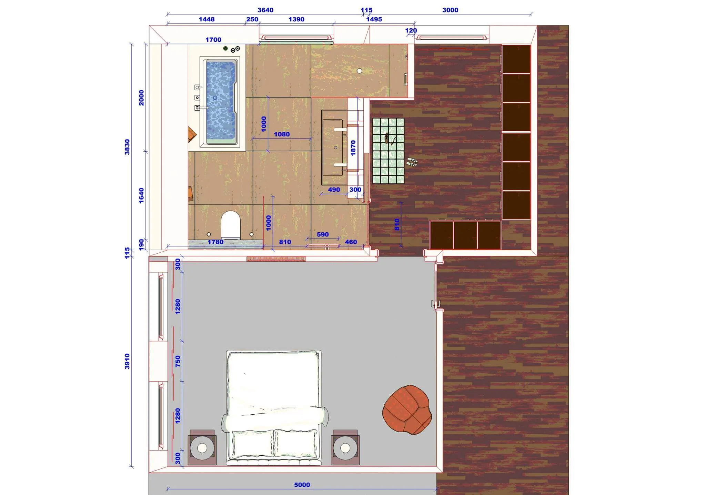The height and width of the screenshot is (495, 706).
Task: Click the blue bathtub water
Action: click(221, 102)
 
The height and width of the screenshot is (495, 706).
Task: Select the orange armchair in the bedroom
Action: click(407, 409)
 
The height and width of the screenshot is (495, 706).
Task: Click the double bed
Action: click(274, 408)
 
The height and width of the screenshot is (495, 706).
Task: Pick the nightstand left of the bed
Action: click(202, 447)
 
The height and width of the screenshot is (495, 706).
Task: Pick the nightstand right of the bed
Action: click(345, 447)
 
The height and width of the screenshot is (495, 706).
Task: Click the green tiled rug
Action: click(388, 151)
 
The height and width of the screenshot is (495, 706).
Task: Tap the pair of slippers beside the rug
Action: click(412, 162)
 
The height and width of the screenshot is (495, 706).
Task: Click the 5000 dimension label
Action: click(302, 485)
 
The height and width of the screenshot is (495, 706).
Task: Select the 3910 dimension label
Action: click(127, 361)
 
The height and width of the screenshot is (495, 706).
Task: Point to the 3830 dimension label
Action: click(127, 147)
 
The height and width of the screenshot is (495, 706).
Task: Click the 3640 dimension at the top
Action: click(265, 10)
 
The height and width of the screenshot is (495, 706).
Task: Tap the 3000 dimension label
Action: click(450, 10)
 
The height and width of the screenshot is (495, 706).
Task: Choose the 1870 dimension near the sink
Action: click(353, 148)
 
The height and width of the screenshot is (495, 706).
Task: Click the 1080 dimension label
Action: click(282, 134)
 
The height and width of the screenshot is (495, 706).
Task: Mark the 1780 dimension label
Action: click(215, 242)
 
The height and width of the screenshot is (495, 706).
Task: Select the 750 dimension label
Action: click(178, 361)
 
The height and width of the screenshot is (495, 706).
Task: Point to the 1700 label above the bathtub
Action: click(213, 40)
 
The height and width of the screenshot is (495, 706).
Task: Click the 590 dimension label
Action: click(323, 234)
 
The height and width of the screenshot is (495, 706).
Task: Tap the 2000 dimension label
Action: click(141, 98)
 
